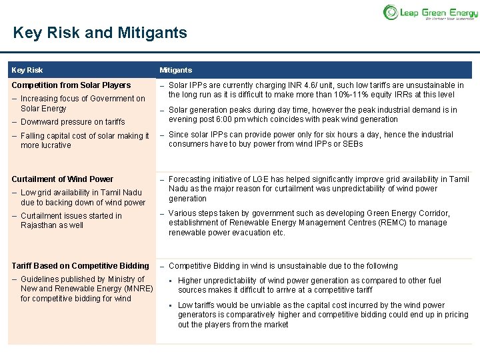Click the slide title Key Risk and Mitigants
pos(100,33)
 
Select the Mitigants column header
pos(175,70)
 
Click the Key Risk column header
pos(27,70)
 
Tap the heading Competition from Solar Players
pos(71,85)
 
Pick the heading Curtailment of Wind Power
pos(63,179)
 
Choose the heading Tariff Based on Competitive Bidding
pos(80,266)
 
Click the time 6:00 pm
pos(239,119)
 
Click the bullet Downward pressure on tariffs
pos(72,122)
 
